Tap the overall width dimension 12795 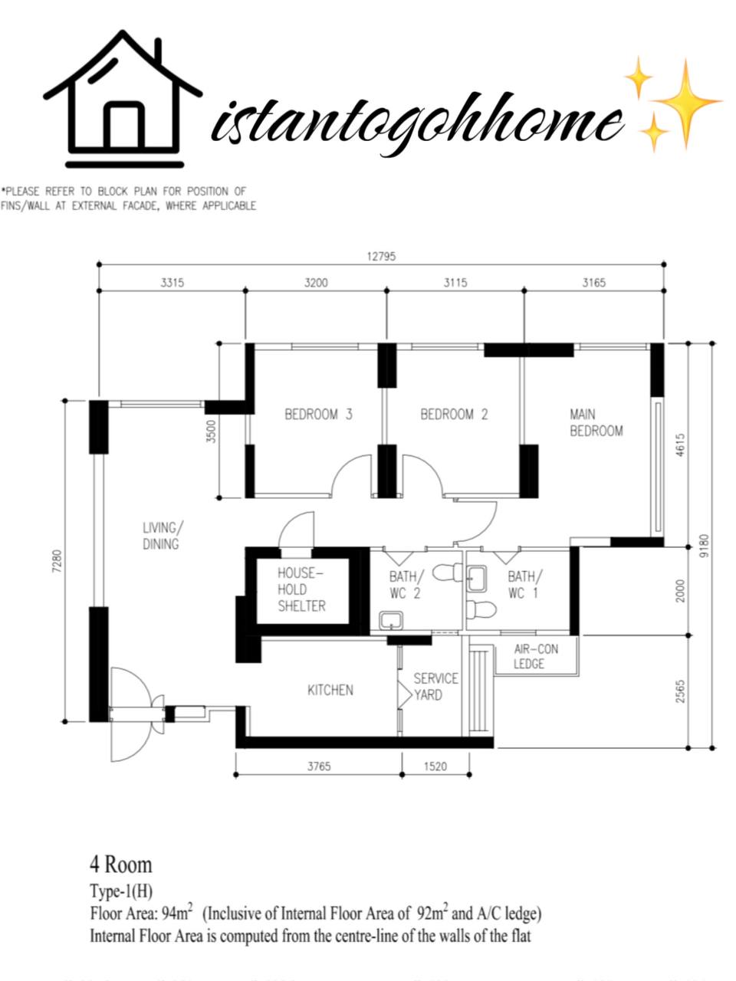(x=381, y=257)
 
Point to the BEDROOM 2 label (x=454, y=415)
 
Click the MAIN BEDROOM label (x=596, y=422)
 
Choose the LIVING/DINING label (x=161, y=536)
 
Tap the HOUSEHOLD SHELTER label (x=301, y=589)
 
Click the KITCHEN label (x=330, y=690)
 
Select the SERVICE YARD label (x=435, y=687)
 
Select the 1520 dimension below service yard (x=435, y=766)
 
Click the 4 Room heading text (x=121, y=865)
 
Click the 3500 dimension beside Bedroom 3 (x=212, y=431)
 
